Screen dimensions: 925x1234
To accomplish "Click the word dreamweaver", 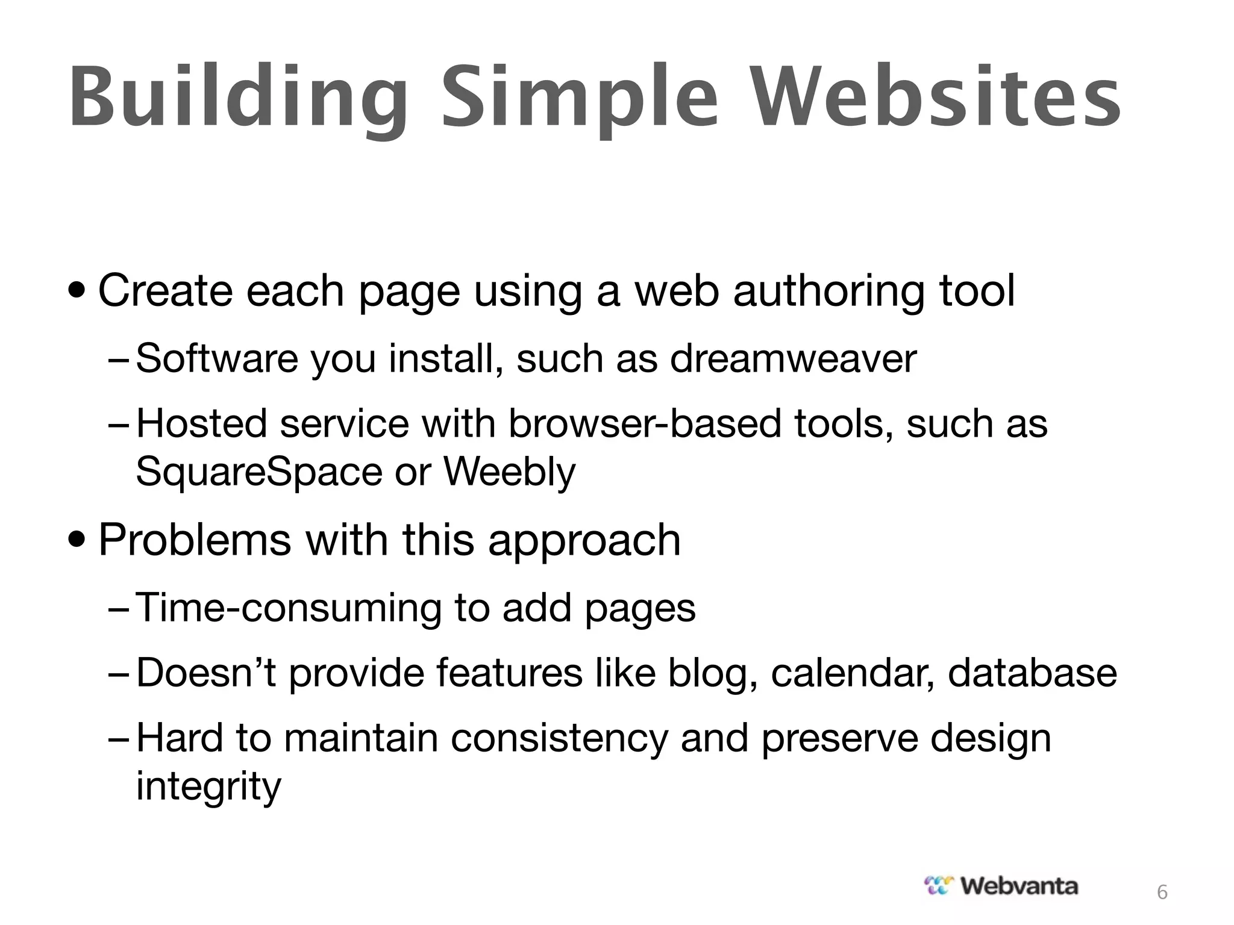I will click(x=793, y=359).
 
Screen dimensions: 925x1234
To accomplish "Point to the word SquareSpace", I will click(x=259, y=472).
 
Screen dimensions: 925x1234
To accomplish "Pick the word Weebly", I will click(x=509, y=472).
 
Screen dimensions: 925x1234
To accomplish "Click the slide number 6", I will click(x=1162, y=892).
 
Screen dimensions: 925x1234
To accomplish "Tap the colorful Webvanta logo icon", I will click(x=939, y=886).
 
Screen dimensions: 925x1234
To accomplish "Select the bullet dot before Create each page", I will click(x=77, y=291).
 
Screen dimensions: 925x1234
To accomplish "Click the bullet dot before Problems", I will click(x=77, y=540).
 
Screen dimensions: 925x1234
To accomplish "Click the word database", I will click(x=1032, y=673).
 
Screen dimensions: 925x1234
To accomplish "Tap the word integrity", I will click(x=208, y=786).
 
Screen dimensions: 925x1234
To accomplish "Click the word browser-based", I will click(x=645, y=423).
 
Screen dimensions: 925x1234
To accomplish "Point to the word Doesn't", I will click(x=206, y=673).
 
